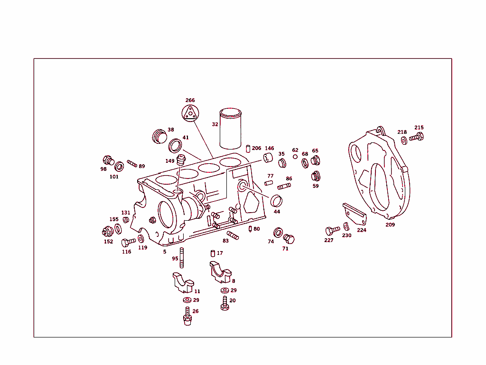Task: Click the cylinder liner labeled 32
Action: [x=231, y=130]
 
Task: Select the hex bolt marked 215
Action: [x=416, y=138]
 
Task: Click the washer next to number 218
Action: [x=404, y=140]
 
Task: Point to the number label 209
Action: [x=390, y=225]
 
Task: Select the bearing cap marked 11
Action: [x=182, y=282]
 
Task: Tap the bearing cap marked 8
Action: [x=220, y=271]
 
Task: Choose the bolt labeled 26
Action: [x=188, y=315]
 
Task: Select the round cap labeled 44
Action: [x=276, y=201]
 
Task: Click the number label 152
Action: [x=109, y=242]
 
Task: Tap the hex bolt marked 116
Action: [x=128, y=242]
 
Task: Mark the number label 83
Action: [x=225, y=241]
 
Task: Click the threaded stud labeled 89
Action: [x=132, y=164]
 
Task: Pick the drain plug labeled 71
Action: [x=289, y=239]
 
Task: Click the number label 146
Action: [x=269, y=149]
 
